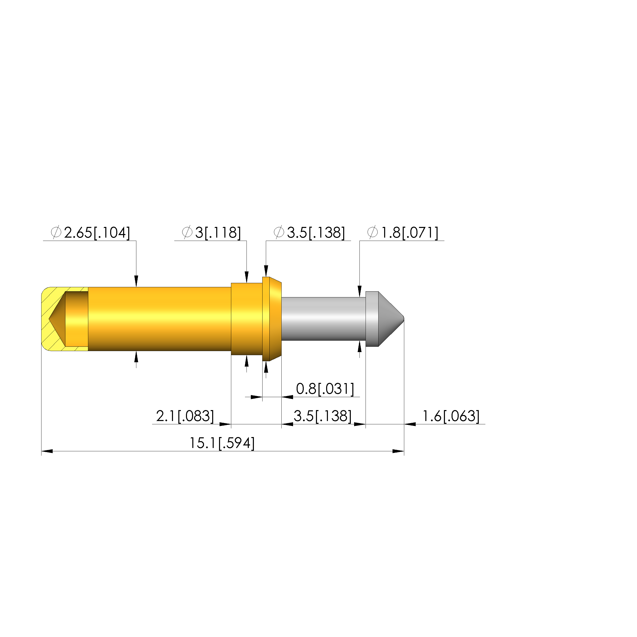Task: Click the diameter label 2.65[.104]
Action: (x=90, y=233)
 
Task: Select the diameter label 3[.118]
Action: (x=211, y=233)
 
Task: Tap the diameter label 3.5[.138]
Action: (x=309, y=233)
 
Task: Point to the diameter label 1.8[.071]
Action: (x=402, y=233)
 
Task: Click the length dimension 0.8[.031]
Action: (x=325, y=389)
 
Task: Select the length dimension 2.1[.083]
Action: (x=185, y=416)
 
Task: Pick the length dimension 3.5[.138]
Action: (x=323, y=416)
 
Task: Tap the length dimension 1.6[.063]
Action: (x=451, y=416)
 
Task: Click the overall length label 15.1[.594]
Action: (x=222, y=443)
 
